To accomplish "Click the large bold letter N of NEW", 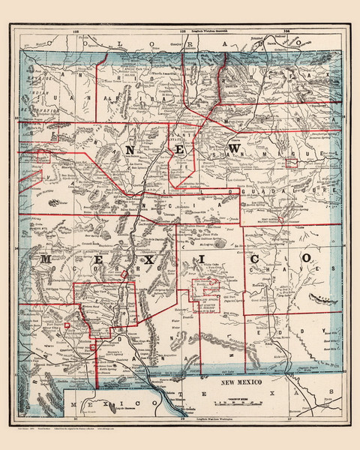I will click(131, 150).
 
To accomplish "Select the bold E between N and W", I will click(184, 151).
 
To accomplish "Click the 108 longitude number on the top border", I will click(76, 32).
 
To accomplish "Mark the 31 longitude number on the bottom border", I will click(75, 418).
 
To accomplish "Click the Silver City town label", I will click(61, 331).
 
